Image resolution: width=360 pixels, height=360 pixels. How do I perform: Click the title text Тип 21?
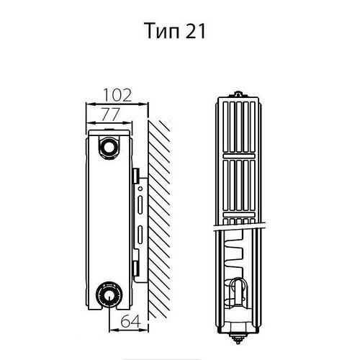pyautogui.click(x=175, y=31)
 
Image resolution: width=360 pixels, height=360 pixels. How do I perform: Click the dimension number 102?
pyautogui.click(x=117, y=95)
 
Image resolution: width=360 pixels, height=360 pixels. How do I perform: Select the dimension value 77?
pyautogui.click(x=110, y=114)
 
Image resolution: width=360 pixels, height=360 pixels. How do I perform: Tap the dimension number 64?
pyautogui.click(x=130, y=321)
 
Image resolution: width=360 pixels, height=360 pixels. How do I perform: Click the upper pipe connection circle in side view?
pyautogui.click(x=109, y=147)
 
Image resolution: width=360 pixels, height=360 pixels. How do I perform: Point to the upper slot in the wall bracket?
pyautogui.click(x=140, y=205)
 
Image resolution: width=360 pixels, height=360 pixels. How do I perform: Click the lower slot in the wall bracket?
pyautogui.click(x=140, y=235)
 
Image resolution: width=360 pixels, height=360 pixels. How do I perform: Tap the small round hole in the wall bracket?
pyautogui.click(x=140, y=189)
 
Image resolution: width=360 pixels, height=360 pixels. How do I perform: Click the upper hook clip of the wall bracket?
pyautogui.click(x=136, y=176)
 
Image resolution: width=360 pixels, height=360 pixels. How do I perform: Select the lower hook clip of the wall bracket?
pyautogui.click(x=136, y=269)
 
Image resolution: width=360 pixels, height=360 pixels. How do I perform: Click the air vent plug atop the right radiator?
pyautogui.click(x=238, y=94)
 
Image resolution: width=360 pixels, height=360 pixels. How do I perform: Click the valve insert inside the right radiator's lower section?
pyautogui.click(x=238, y=292)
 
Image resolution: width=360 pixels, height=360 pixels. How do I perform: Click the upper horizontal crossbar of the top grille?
pyautogui.click(x=238, y=156)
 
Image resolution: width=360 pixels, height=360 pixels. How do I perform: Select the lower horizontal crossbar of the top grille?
pyautogui.click(x=238, y=215)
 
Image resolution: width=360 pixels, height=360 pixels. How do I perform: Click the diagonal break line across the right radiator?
pyautogui.click(x=240, y=227)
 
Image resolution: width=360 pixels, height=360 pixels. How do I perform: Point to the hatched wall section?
pyautogui.click(x=159, y=218)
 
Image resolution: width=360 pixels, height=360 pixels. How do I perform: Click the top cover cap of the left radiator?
pyautogui.click(x=109, y=132)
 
